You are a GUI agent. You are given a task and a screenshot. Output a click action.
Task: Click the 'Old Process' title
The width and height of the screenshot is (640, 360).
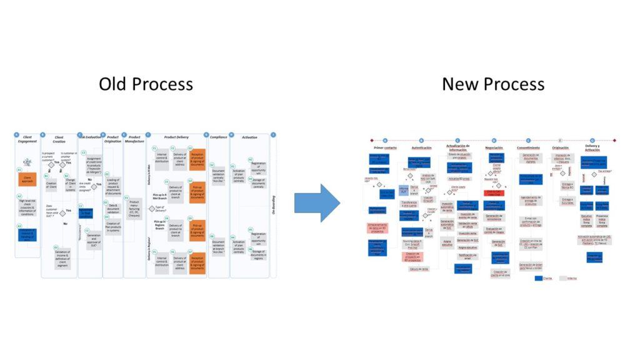[x=146, y=84]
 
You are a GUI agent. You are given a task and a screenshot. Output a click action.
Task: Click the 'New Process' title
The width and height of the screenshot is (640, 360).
[x=492, y=84]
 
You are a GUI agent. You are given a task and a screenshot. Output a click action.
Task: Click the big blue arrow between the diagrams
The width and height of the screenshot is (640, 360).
[x=317, y=202]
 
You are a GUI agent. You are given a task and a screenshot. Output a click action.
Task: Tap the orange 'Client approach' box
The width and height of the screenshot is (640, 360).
[x=27, y=179]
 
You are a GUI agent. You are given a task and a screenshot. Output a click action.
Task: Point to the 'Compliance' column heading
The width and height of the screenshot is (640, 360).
[x=219, y=137]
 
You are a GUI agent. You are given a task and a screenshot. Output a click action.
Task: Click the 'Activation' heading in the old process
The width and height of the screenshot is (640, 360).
[x=249, y=137]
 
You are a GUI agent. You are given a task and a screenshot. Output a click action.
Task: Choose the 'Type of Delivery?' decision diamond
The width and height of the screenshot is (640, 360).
[x=151, y=208]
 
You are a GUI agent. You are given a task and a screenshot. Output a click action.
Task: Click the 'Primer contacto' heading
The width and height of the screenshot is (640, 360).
[x=385, y=147]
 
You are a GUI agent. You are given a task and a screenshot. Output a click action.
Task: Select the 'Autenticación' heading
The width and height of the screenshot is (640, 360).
[x=421, y=147]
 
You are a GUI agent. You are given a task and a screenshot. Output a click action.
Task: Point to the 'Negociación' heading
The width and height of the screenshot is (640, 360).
[x=494, y=147]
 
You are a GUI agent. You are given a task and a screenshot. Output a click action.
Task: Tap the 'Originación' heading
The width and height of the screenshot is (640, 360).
[x=561, y=147]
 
